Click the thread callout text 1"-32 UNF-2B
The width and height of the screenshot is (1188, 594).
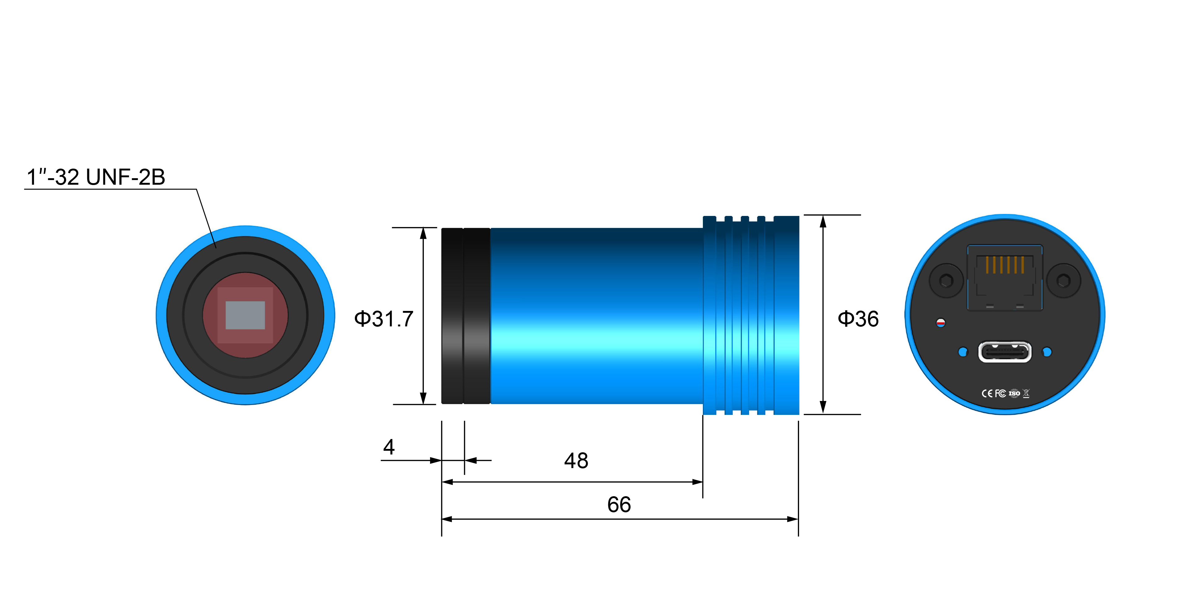click(96, 177)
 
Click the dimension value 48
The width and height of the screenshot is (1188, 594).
click(576, 461)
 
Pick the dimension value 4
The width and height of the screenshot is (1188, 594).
click(389, 447)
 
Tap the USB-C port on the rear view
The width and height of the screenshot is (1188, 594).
click(1005, 352)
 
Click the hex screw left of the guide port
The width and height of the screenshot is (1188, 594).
click(946, 280)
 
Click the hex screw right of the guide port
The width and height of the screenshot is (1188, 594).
click(1064, 280)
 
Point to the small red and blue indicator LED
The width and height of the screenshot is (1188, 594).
click(941, 323)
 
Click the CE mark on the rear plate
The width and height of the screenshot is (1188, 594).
click(987, 394)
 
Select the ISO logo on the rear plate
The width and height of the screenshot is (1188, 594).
click(1014, 394)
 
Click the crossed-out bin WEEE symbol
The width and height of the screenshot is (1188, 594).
click(1026, 394)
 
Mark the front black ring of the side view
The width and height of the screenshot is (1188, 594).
click(452, 316)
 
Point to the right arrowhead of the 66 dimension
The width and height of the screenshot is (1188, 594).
click(793, 519)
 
